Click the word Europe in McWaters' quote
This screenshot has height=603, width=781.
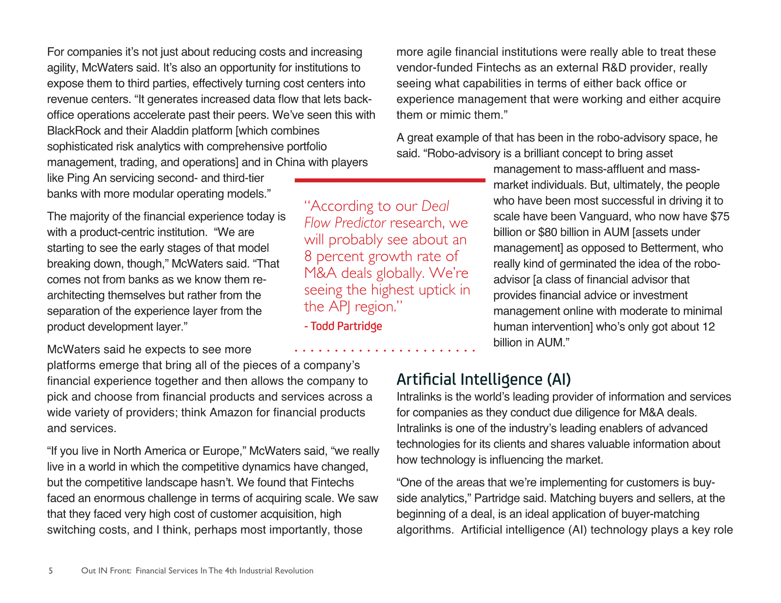coord(223,451)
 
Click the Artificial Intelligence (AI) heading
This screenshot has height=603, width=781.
coord(483,379)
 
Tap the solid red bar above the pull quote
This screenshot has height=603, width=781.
coord(390,180)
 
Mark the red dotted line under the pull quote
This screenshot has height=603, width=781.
coord(385,351)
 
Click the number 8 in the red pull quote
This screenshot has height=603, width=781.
coord(308,256)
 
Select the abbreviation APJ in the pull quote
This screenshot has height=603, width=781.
coord(340,307)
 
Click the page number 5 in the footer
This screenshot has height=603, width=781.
coord(50,571)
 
